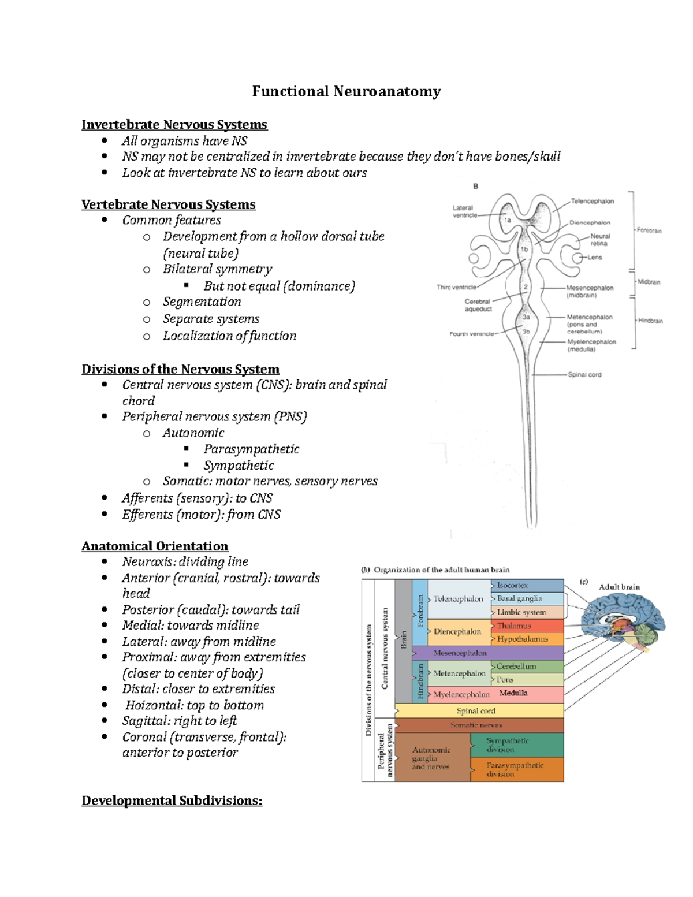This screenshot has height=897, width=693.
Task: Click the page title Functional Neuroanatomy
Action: (x=346, y=91)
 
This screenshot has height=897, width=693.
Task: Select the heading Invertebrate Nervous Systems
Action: (x=174, y=124)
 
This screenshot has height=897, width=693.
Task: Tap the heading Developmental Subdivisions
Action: (x=172, y=801)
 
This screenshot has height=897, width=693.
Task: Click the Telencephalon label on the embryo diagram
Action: (x=592, y=201)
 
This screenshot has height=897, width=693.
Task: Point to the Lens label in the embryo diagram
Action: (x=594, y=258)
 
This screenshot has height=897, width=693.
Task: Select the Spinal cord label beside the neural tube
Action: (x=584, y=375)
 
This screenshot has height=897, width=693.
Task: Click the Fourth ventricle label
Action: (x=471, y=334)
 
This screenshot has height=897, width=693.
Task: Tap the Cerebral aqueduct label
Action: (x=478, y=305)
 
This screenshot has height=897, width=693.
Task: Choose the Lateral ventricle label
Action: (x=463, y=211)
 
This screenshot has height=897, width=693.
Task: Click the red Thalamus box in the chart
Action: (x=527, y=626)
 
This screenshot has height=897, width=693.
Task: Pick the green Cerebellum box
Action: (x=527, y=666)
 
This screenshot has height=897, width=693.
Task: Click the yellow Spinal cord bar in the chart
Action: (x=476, y=710)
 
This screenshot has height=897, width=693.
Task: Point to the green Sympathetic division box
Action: (x=516, y=745)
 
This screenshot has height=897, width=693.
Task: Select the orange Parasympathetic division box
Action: (x=516, y=769)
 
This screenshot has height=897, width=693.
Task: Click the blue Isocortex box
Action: (x=527, y=585)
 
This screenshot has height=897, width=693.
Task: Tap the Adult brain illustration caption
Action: (x=619, y=587)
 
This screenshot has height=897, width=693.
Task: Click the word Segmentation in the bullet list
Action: (x=202, y=302)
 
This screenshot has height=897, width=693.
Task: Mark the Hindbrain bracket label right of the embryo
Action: (x=650, y=321)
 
